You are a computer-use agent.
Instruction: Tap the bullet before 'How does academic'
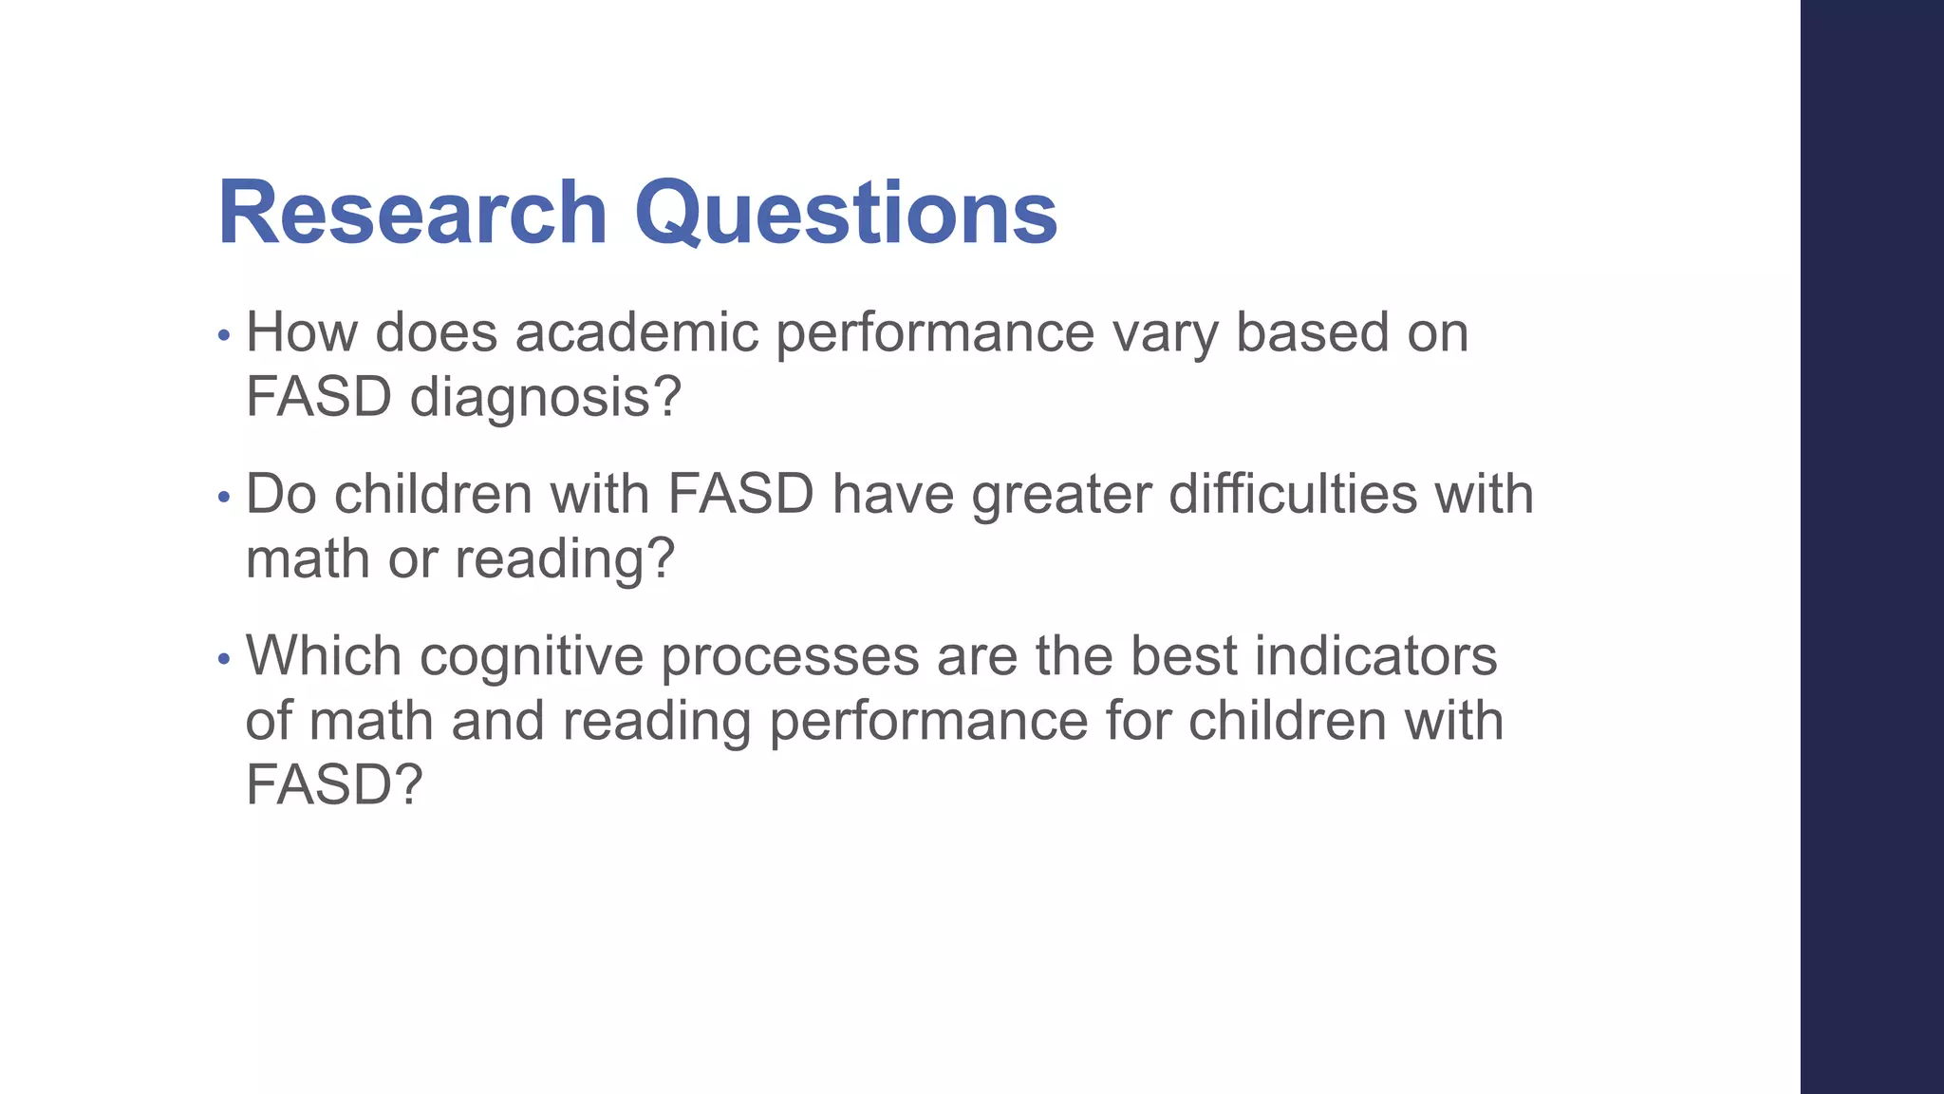coord(224,335)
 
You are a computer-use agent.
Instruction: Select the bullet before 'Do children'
coord(224,497)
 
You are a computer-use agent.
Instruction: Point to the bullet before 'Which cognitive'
coord(224,658)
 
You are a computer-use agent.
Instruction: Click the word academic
coord(637,332)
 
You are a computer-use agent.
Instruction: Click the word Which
coord(324,655)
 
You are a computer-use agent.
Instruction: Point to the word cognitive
coord(532,657)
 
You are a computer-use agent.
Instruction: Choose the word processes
coord(790,657)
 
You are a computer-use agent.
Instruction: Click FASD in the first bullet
coord(319,397)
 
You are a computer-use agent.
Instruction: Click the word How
coord(301,332)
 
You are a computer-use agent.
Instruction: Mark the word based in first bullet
coord(1312,332)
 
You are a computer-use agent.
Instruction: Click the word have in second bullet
coord(892,495)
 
